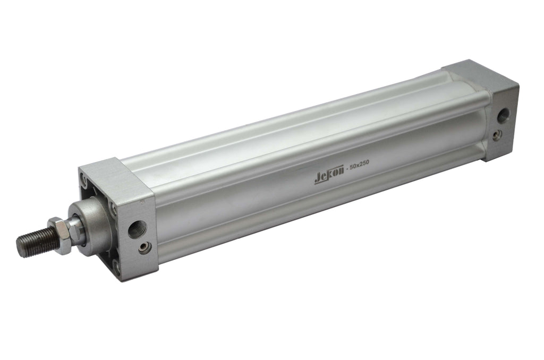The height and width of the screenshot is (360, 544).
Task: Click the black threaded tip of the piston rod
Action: point(38,242)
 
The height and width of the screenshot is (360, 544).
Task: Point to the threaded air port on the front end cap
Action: point(138,229)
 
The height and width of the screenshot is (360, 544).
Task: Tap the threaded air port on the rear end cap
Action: point(503,116)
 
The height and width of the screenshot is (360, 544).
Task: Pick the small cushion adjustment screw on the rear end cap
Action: point(498,134)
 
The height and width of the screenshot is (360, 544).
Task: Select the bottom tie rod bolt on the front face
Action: point(117,268)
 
